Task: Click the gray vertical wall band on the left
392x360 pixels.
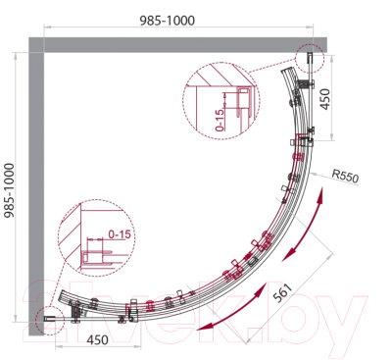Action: coord(40,186)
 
